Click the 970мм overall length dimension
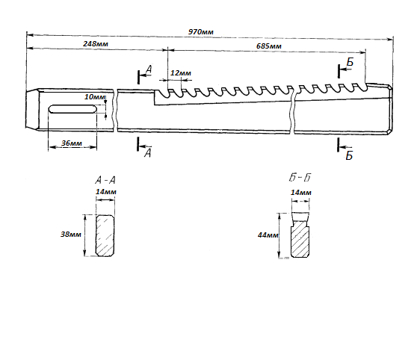(x=201, y=32)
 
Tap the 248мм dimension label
(x=96, y=43)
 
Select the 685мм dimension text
(x=269, y=46)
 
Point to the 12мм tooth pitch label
(x=181, y=73)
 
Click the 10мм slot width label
(x=94, y=97)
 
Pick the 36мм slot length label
(x=72, y=143)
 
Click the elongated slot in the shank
(x=72, y=109)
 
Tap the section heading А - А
(x=105, y=180)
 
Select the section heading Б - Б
(x=300, y=178)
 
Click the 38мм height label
(x=71, y=234)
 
